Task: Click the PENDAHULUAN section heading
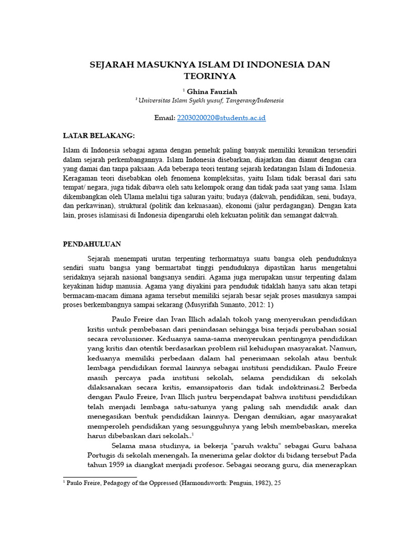tap(92, 244)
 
